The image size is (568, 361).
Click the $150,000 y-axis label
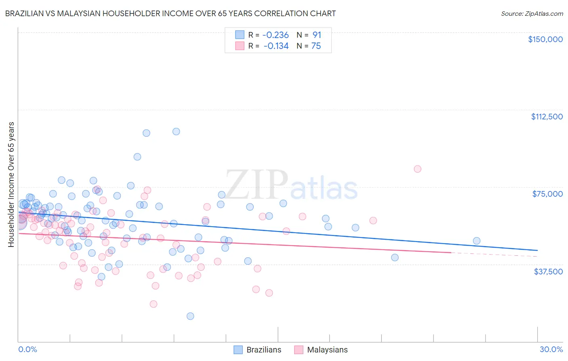click(x=545, y=39)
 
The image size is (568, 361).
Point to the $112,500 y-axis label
click(x=547, y=117)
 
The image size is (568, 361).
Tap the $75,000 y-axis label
click(x=547, y=194)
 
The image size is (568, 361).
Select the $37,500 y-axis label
click(x=548, y=271)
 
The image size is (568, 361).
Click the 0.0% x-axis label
click(x=27, y=349)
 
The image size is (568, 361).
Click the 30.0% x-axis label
click(x=551, y=349)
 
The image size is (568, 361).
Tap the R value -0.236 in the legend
click(x=276, y=35)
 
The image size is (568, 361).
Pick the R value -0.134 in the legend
click(x=276, y=46)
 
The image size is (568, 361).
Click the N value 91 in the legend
click(x=316, y=35)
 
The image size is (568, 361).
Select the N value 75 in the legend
click(x=316, y=46)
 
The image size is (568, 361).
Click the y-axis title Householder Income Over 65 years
click(x=11, y=185)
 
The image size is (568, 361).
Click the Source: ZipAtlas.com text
click(x=532, y=13)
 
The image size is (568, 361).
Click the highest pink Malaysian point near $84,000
click(x=417, y=169)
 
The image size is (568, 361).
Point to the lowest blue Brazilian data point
click(x=190, y=316)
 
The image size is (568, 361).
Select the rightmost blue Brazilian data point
click(x=477, y=241)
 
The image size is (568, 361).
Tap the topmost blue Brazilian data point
click(x=176, y=132)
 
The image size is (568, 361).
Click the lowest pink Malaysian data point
click(x=153, y=304)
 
